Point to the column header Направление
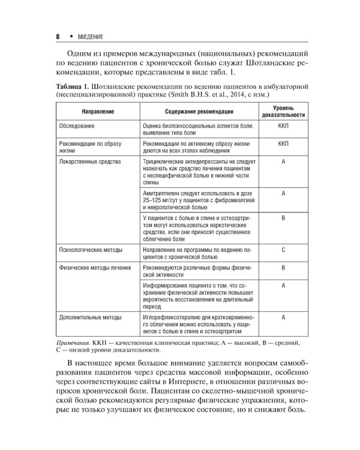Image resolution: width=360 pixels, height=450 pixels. (x=95, y=112)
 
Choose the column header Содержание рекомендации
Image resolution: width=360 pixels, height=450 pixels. (x=200, y=112)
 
